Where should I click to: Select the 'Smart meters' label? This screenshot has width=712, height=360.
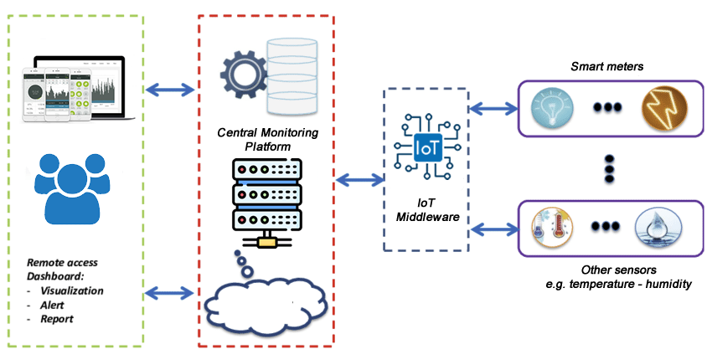tap(605, 66)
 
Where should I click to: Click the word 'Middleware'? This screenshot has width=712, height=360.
tap(425, 219)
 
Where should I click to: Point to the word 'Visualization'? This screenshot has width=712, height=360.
tap(75, 291)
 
